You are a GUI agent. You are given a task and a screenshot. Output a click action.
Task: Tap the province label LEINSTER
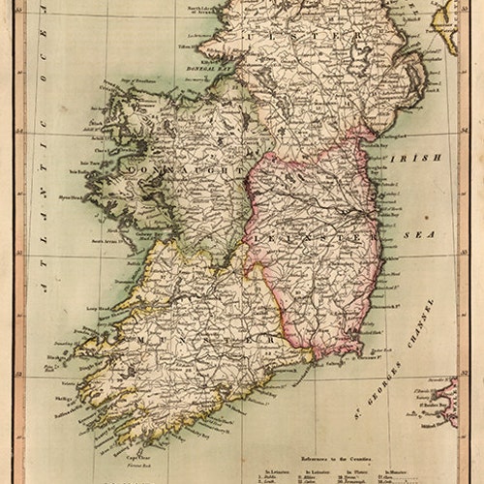[309, 235]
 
